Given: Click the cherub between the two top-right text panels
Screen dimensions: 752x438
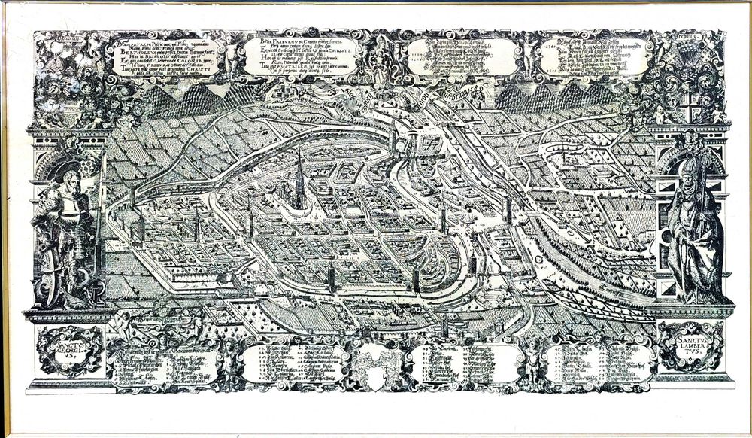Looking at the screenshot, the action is point(530,56).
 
